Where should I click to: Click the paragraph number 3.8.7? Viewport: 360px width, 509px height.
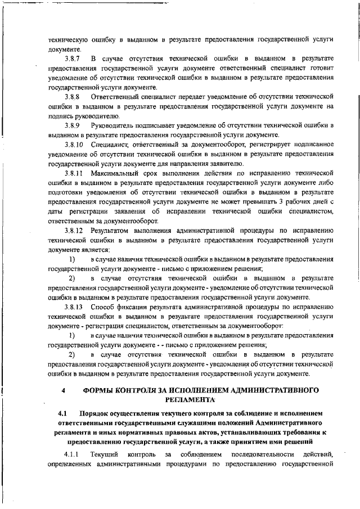tap(72, 58)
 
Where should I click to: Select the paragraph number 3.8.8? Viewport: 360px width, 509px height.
tap(72, 96)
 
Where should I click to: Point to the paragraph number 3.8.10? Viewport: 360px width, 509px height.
tap(74, 145)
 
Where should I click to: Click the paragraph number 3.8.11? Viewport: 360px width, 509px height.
tap(74, 173)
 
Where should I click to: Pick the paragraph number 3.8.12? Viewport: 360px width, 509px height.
tap(74, 230)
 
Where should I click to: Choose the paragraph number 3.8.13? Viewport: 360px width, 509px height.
tap(74, 307)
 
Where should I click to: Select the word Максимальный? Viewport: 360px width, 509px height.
tap(119, 173)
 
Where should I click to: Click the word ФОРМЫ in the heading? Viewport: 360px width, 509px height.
tap(101, 390)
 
